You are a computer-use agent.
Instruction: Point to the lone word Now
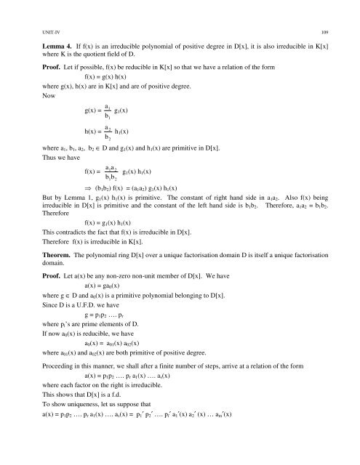point(28,95)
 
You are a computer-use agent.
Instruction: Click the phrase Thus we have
point(45,155)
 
